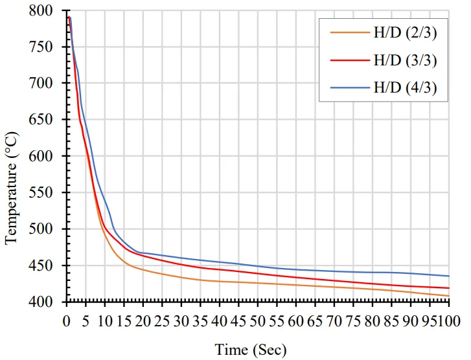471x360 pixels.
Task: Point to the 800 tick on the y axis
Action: [x=50, y=11]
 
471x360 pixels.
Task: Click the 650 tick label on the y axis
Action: [x=50, y=120]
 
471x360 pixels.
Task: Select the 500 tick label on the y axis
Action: [x=50, y=229]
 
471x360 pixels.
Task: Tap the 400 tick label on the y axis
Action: [x=50, y=302]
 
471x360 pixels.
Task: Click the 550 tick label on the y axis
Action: [x=50, y=193]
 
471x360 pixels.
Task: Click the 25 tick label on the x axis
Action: [x=162, y=320]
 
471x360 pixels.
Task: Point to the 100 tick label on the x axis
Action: [x=446, y=320]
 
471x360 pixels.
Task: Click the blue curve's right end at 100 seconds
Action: [x=449, y=276]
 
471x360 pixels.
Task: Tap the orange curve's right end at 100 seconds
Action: [x=449, y=296]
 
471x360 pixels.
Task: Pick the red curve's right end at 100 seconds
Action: [x=449, y=288]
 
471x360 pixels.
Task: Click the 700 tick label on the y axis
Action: [x=50, y=84]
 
